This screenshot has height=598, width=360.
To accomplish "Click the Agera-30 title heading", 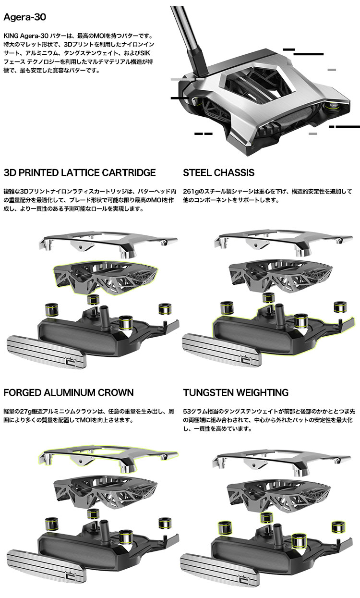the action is pyautogui.click(x=25, y=17).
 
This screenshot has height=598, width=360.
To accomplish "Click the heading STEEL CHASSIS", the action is pyautogui.click(x=218, y=172).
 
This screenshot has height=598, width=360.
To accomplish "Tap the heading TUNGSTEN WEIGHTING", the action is pyautogui.click(x=236, y=392).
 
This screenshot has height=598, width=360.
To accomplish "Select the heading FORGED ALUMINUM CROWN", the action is pyautogui.click(x=69, y=392).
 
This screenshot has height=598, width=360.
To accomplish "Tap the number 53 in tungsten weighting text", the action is pyautogui.click(x=187, y=411).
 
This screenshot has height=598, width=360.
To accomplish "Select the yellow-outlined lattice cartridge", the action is pyautogui.click(x=106, y=278).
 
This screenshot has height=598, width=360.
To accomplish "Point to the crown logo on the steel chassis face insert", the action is pyautogui.click(x=244, y=356).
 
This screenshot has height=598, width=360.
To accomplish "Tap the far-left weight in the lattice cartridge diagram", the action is pyautogui.click(x=52, y=310).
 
